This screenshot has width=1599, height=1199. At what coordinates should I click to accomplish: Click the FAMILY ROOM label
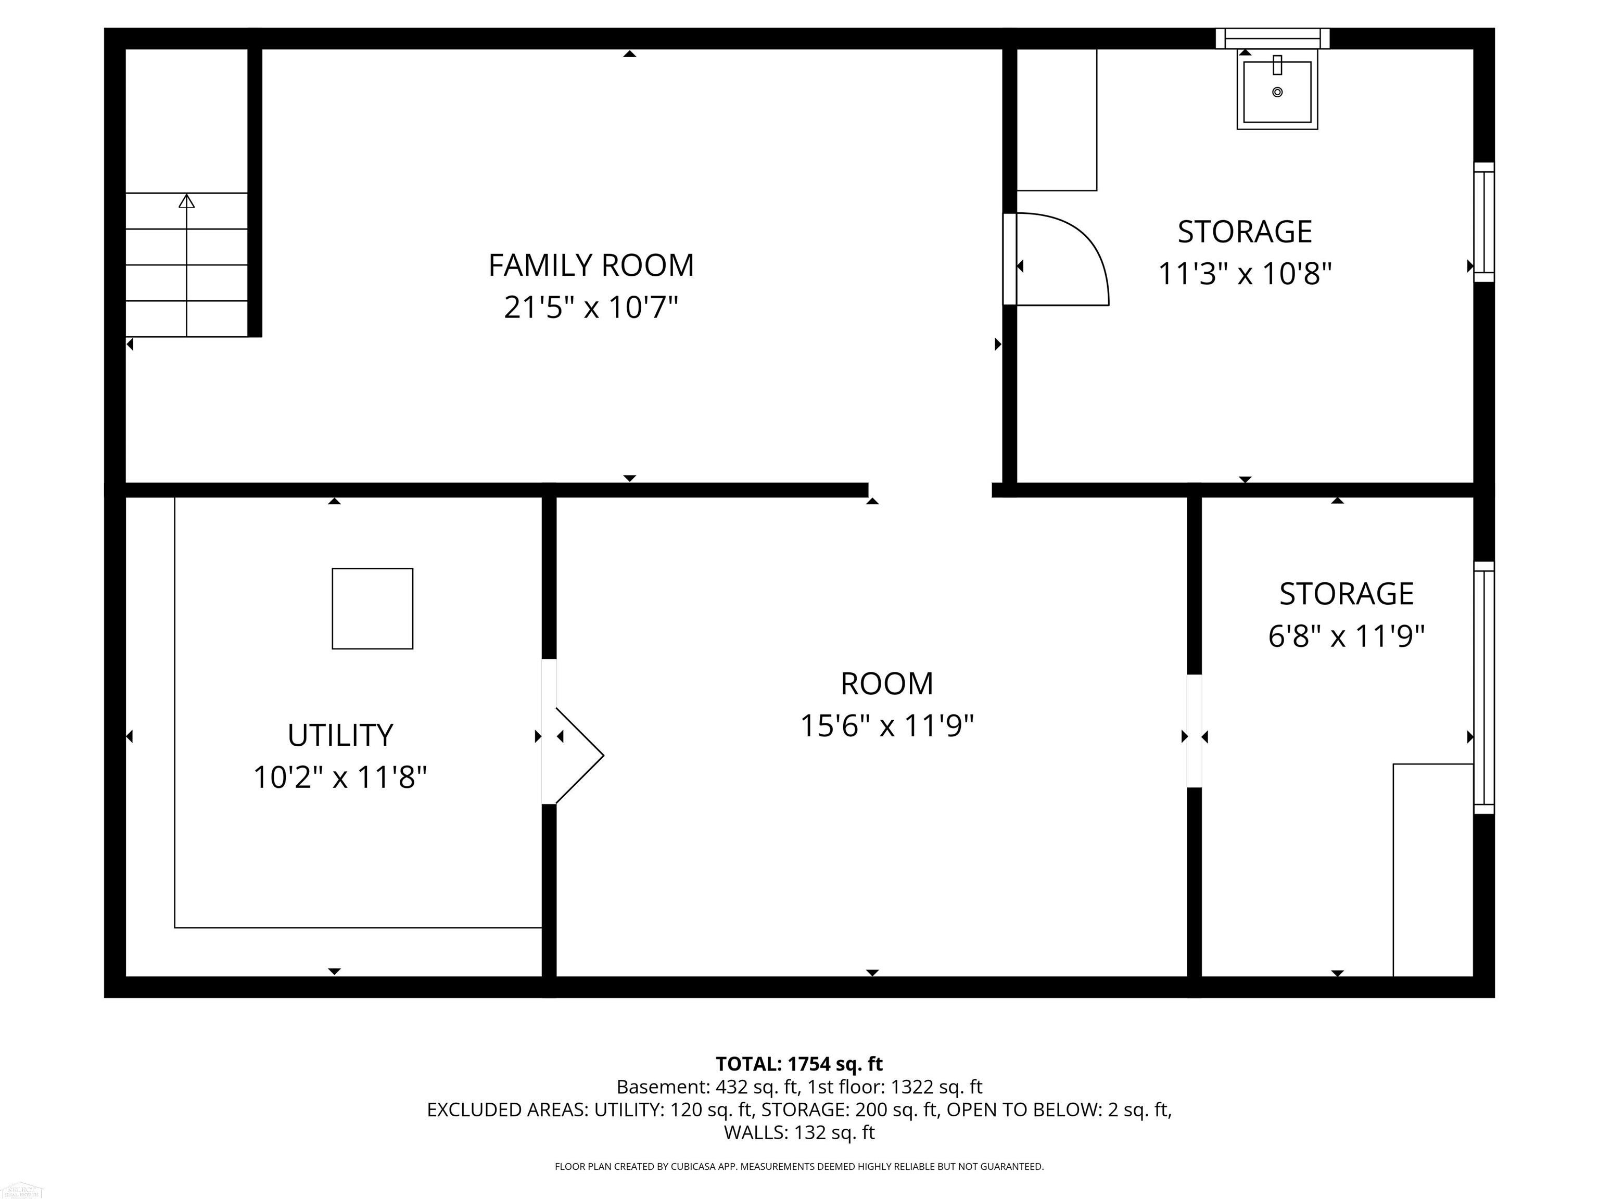pyautogui.click(x=591, y=265)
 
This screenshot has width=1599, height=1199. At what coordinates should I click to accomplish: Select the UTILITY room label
pyautogui.click(x=340, y=736)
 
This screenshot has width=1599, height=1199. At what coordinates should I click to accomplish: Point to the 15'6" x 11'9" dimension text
pyautogui.click(x=887, y=725)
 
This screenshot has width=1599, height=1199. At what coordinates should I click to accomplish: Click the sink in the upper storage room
pyautogui.click(x=1277, y=90)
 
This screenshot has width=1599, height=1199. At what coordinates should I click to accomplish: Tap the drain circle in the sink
pyautogui.click(x=1277, y=92)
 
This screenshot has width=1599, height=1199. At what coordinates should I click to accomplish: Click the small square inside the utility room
pyautogui.click(x=372, y=608)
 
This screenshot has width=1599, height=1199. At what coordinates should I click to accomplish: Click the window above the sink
pyautogui.click(x=1272, y=39)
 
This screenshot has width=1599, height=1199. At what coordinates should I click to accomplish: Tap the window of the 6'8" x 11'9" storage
pyautogui.click(x=1484, y=687)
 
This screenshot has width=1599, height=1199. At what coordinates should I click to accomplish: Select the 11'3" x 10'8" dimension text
pyautogui.click(x=1245, y=274)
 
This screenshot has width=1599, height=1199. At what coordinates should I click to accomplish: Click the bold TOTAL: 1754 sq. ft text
pyautogui.click(x=799, y=1064)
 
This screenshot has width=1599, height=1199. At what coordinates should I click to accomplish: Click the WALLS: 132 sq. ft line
pyautogui.click(x=799, y=1132)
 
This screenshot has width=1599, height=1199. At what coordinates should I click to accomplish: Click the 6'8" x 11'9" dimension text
pyautogui.click(x=1346, y=637)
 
